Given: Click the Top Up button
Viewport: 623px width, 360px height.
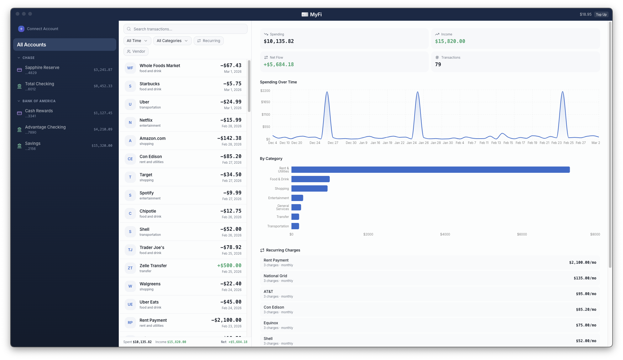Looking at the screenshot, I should (601, 14).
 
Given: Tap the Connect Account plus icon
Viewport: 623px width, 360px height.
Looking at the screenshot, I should (21, 29).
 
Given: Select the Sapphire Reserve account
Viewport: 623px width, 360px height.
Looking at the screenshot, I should (42, 68).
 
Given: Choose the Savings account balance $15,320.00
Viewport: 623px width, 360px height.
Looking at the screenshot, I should (102, 146).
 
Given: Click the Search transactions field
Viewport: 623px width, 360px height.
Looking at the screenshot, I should (186, 29).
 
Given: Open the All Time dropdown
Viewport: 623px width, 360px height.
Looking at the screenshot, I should (137, 41).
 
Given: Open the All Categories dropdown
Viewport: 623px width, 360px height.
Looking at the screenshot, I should (172, 41).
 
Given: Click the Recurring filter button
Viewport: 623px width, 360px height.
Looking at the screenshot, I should (208, 41).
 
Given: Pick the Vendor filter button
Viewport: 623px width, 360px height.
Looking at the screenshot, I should (136, 51).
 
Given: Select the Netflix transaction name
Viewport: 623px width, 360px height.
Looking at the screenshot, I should (146, 120).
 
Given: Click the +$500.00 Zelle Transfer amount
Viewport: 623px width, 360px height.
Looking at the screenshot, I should (229, 266).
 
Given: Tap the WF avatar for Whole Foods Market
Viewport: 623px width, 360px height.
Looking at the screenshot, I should (130, 68).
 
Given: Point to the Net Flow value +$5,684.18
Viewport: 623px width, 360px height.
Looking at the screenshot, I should (279, 65).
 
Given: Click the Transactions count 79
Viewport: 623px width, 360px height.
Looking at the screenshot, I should (438, 65).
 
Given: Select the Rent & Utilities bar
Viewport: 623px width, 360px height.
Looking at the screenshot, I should (430, 170).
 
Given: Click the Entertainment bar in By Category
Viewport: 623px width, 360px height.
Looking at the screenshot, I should (297, 198).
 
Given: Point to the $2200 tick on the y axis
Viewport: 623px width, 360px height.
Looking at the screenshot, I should (265, 91).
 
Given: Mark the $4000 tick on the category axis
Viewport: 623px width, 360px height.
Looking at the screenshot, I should (445, 235).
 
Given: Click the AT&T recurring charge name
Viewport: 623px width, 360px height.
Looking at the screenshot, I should (268, 292).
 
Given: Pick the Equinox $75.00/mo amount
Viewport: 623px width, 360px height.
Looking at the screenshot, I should (586, 325).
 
